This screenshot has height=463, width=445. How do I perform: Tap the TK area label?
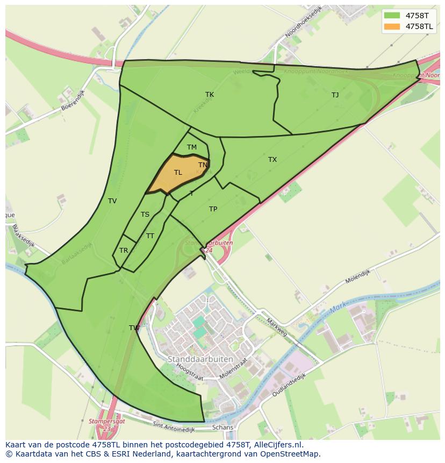(210, 95)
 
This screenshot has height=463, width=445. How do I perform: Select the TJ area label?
(335, 95)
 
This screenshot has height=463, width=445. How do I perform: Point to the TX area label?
(272, 160)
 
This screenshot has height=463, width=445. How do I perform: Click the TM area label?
(192, 147)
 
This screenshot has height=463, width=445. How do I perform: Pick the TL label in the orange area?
(178, 173)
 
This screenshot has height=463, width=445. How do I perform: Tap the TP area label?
(213, 209)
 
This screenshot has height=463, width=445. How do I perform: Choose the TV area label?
(112, 201)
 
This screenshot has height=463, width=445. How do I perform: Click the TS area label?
(145, 215)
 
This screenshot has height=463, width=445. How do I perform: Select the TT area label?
(150, 236)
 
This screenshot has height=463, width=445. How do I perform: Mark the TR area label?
(124, 251)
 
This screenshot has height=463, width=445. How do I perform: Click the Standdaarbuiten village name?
(200, 359)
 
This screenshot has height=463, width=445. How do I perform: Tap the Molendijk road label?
(358, 277)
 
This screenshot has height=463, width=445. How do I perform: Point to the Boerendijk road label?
(73, 104)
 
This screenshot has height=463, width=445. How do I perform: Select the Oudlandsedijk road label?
(289, 386)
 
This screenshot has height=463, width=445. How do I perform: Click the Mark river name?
(338, 309)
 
